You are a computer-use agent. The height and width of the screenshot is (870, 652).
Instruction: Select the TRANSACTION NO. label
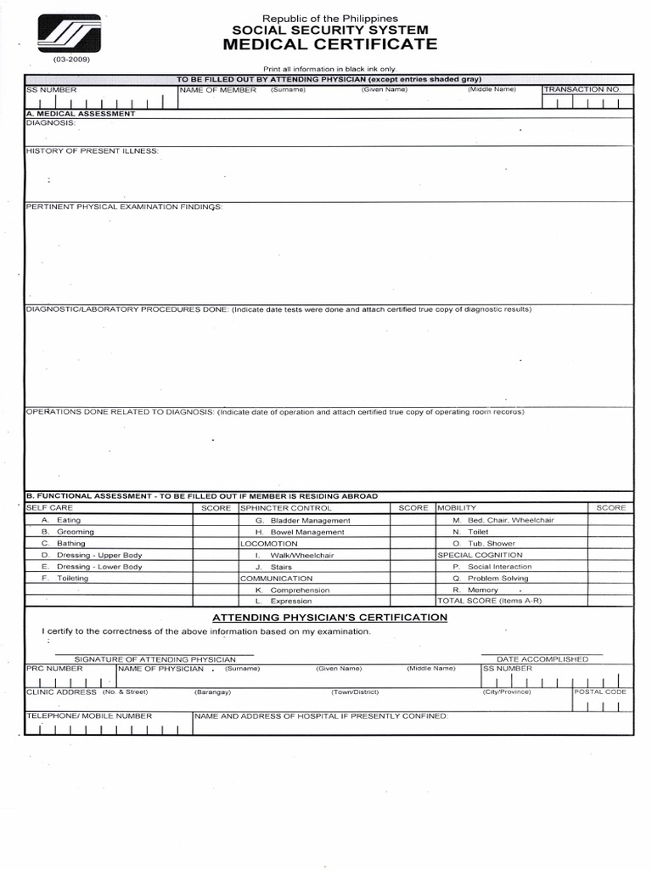pos(582,89)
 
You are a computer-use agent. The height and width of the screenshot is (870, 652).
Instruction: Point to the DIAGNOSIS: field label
pos(51,122)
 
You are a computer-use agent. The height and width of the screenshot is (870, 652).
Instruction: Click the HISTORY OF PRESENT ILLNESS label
pos(93,150)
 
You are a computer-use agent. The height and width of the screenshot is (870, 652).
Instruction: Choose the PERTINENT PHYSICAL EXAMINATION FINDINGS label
pos(124,206)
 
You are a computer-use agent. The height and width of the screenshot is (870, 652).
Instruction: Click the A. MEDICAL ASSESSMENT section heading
pos(81,113)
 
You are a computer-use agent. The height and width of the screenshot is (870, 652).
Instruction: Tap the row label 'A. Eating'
pos(61,519)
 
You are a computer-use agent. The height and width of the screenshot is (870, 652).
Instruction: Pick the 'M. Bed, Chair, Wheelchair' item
pos(503,520)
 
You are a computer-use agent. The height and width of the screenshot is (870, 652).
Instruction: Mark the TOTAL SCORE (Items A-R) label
pos(489,601)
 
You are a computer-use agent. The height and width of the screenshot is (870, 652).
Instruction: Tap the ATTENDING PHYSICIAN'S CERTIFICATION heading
pos(329,617)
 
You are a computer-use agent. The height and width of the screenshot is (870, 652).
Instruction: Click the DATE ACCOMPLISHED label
pos(542,658)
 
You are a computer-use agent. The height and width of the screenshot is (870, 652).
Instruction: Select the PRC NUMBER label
pos(55,669)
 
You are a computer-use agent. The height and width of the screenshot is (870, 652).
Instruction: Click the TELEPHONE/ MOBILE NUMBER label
pos(89,716)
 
